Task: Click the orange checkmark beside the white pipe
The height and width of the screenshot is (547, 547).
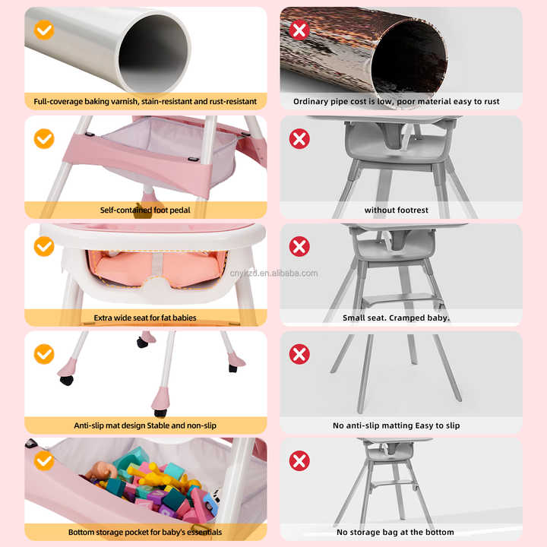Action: click(x=44, y=30)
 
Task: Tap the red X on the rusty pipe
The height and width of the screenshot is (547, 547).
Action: click(x=299, y=30)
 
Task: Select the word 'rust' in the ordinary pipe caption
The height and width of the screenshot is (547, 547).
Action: click(x=492, y=102)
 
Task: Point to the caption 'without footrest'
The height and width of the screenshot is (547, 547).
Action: click(x=397, y=210)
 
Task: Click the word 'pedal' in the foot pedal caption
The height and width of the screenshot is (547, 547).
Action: click(x=179, y=210)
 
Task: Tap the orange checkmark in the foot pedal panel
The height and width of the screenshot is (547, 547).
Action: click(x=44, y=138)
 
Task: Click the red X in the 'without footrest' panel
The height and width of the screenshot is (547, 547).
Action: click(x=299, y=138)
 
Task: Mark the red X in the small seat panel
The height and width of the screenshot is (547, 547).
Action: click(x=299, y=246)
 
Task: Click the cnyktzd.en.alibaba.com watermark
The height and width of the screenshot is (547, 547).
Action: click(x=273, y=273)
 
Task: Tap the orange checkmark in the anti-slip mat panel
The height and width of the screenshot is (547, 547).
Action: click(x=44, y=354)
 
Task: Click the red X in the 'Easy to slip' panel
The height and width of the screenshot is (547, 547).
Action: click(x=299, y=354)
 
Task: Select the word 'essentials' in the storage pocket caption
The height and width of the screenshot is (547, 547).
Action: click(x=204, y=533)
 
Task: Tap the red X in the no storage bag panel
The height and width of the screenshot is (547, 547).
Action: click(x=299, y=460)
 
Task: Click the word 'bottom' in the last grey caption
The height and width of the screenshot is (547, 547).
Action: click(x=440, y=533)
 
